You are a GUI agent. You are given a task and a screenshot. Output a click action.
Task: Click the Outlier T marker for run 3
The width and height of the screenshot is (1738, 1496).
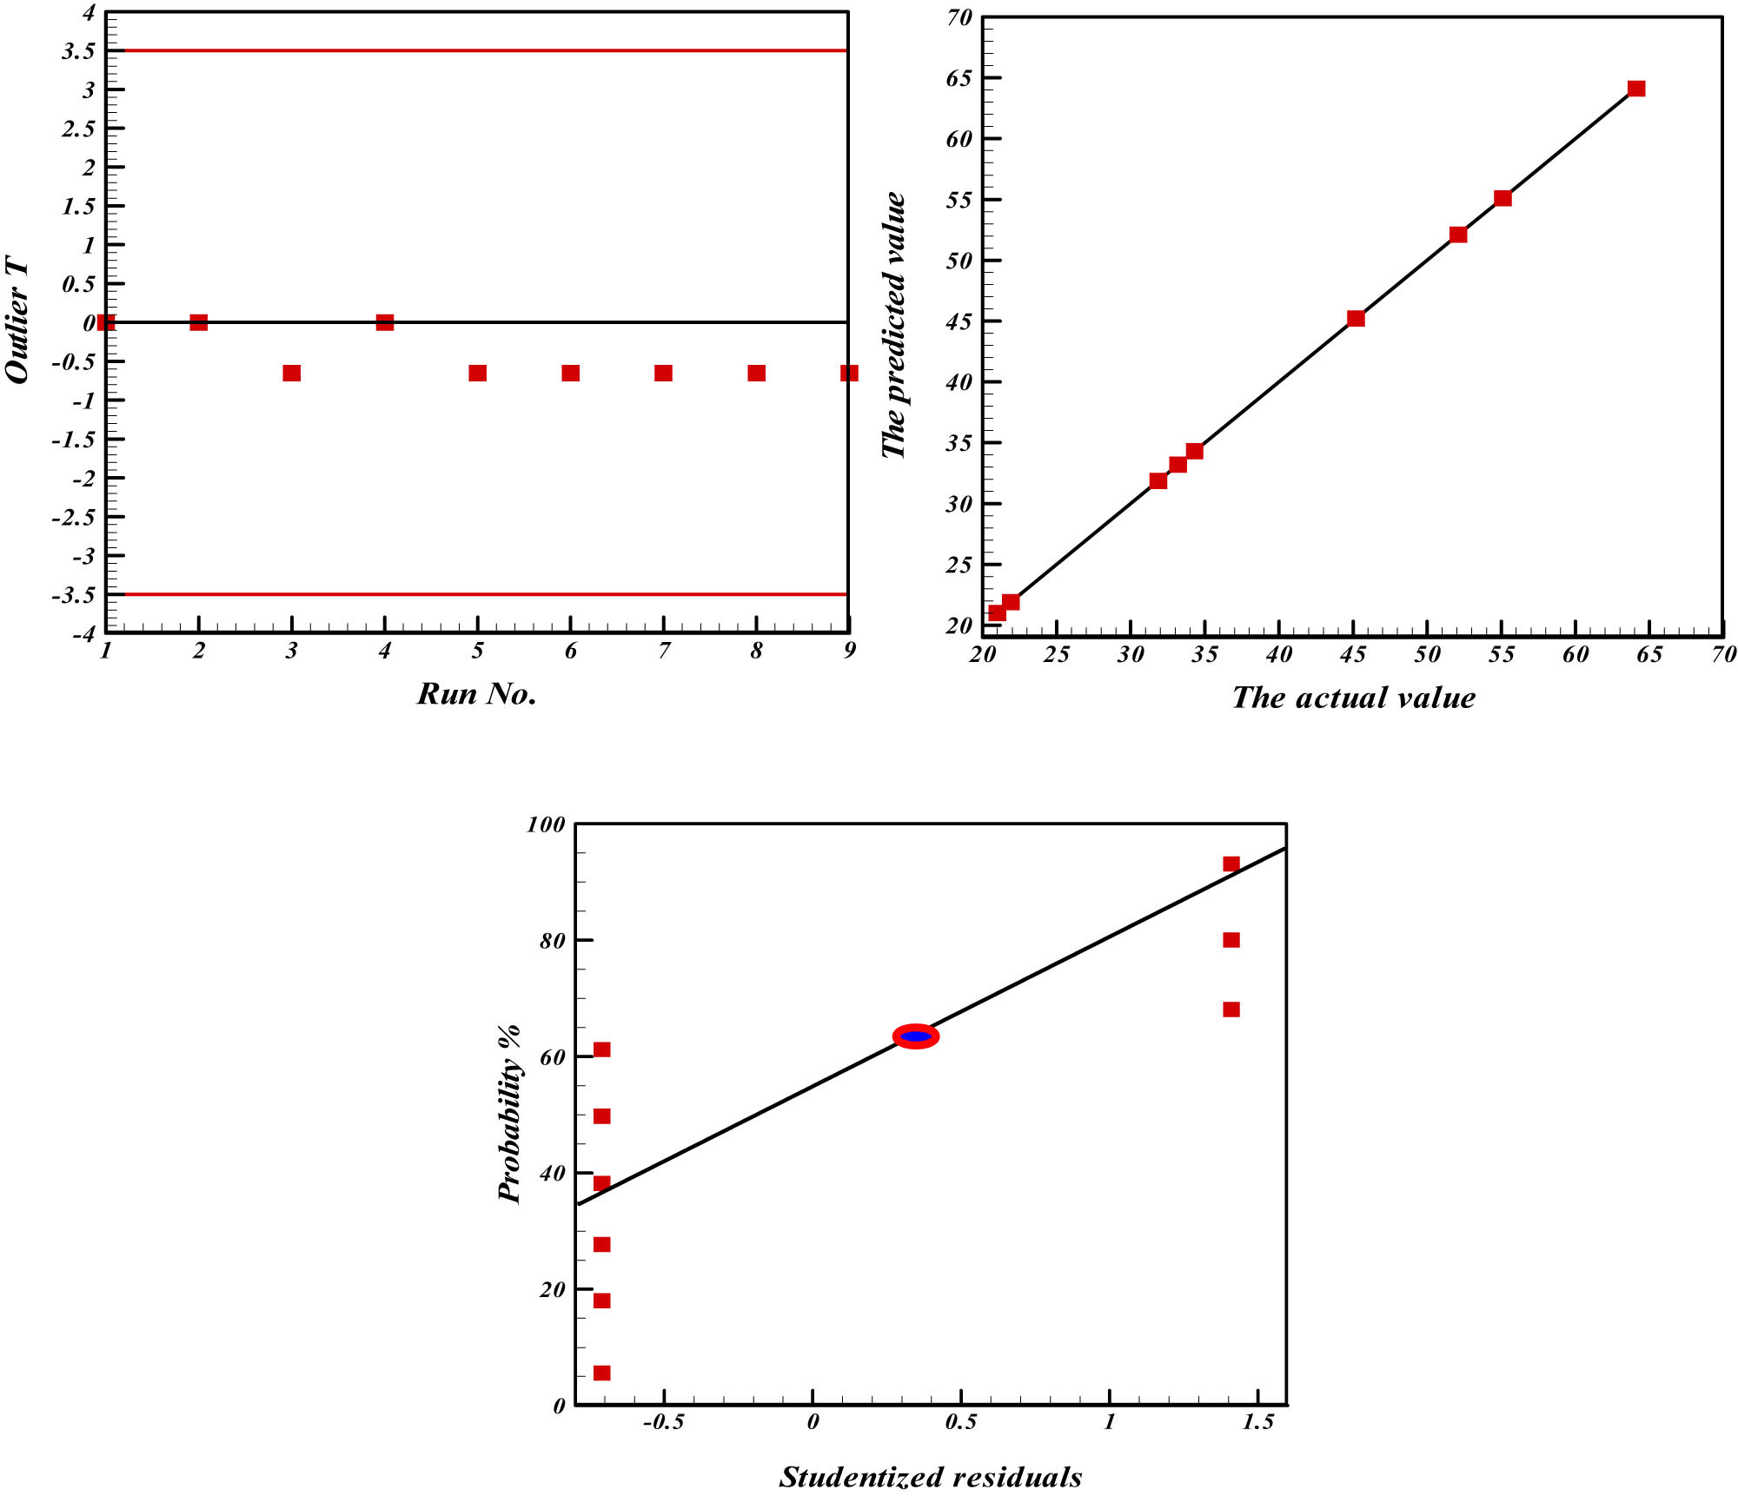coord(292,374)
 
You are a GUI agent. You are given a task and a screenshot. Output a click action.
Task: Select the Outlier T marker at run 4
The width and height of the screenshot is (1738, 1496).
coord(385,322)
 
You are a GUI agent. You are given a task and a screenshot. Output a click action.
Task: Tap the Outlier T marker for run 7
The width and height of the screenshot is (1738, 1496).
coord(664,374)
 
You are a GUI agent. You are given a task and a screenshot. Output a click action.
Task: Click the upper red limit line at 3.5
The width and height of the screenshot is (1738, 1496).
coord(487,51)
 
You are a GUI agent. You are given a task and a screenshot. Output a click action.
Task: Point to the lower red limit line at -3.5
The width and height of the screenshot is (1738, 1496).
coord(487,594)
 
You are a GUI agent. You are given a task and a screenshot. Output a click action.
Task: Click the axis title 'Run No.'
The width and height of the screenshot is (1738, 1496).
coord(476,694)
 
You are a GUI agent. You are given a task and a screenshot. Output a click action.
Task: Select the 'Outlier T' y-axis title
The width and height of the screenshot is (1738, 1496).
coord(17,320)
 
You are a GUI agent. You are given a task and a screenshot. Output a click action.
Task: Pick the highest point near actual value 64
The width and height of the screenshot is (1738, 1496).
coord(1636,89)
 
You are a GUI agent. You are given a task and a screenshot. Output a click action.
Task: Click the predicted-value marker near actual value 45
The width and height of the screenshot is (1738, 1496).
coord(1356,319)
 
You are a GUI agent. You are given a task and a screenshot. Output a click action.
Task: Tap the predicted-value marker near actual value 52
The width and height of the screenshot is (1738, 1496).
coord(1458,235)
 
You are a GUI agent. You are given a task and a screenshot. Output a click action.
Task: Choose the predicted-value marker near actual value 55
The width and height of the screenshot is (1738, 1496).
coord(1503,198)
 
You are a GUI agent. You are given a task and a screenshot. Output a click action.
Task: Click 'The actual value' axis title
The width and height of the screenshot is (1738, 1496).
coord(1353,698)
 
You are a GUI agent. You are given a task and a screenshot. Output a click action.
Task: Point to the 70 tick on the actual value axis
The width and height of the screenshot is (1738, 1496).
coord(1723,655)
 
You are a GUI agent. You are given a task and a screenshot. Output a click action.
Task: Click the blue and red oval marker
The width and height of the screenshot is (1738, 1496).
coord(916,1036)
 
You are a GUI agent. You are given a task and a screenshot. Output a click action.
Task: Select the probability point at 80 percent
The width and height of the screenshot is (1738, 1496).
coord(1231,940)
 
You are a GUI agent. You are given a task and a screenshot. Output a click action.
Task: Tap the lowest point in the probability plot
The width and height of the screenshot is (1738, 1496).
coord(601,1373)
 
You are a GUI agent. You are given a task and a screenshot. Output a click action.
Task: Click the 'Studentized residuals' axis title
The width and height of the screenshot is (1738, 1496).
coord(930,1478)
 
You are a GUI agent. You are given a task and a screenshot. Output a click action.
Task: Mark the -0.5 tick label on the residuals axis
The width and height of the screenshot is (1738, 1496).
coord(663,1422)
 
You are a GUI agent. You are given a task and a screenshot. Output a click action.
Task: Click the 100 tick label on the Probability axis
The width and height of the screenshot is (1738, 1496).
coord(546,824)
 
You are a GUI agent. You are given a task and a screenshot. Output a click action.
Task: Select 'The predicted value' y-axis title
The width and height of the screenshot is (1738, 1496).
coord(893,326)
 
